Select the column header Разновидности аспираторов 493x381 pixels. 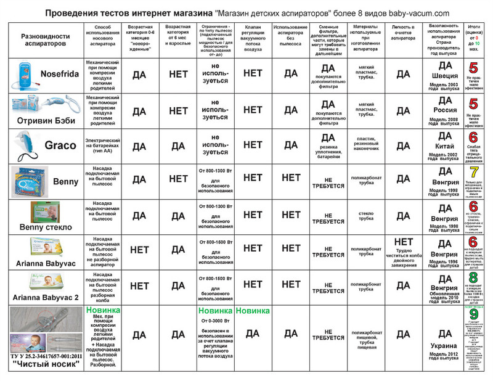coord(43,41)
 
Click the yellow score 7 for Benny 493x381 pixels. coord(473,172)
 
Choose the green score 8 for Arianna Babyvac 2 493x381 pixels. coord(473,278)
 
